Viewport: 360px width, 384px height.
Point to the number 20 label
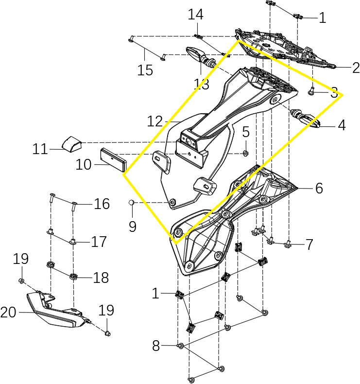click(9, 313)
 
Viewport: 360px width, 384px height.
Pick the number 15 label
click(145, 70)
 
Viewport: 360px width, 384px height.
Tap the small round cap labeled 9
click(131, 202)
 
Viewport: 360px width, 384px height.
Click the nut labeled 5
click(245, 154)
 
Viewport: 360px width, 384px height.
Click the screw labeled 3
click(312, 90)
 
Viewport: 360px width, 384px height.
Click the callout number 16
click(102, 204)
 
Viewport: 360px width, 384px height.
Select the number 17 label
click(99, 242)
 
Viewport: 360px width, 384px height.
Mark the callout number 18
click(101, 278)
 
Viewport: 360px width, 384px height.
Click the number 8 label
click(155, 346)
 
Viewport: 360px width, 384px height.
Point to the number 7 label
click(309, 244)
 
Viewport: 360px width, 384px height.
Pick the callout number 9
click(133, 226)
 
